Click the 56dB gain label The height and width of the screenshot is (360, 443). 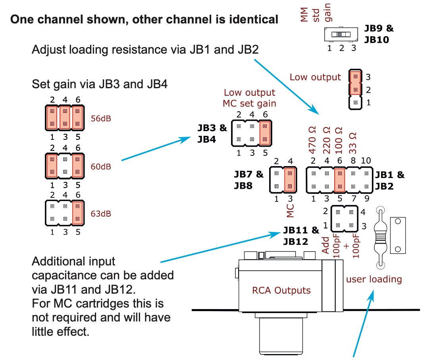click(101, 118)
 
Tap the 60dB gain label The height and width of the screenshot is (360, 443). click(101, 166)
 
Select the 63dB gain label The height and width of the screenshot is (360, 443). click(101, 213)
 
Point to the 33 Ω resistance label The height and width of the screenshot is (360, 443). click(353, 143)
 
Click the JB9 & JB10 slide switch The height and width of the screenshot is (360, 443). click(341, 35)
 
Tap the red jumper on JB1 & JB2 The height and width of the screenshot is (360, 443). click(340, 180)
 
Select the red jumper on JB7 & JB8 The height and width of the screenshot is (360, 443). click(290, 180)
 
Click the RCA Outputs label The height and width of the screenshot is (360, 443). click(281, 290)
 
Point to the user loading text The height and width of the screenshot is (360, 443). click(374, 279)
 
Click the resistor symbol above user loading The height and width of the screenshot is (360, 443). click(380, 238)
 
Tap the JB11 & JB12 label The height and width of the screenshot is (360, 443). click(301, 236)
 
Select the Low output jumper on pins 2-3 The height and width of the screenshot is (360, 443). click(355, 83)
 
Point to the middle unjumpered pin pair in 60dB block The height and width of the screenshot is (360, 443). click(65, 166)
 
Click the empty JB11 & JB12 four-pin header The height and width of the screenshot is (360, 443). click(345, 219)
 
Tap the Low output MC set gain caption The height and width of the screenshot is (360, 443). click(249, 98)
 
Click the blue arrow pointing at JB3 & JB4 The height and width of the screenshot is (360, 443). click(156, 149)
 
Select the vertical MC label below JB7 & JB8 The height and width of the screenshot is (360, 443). click(290, 211)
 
